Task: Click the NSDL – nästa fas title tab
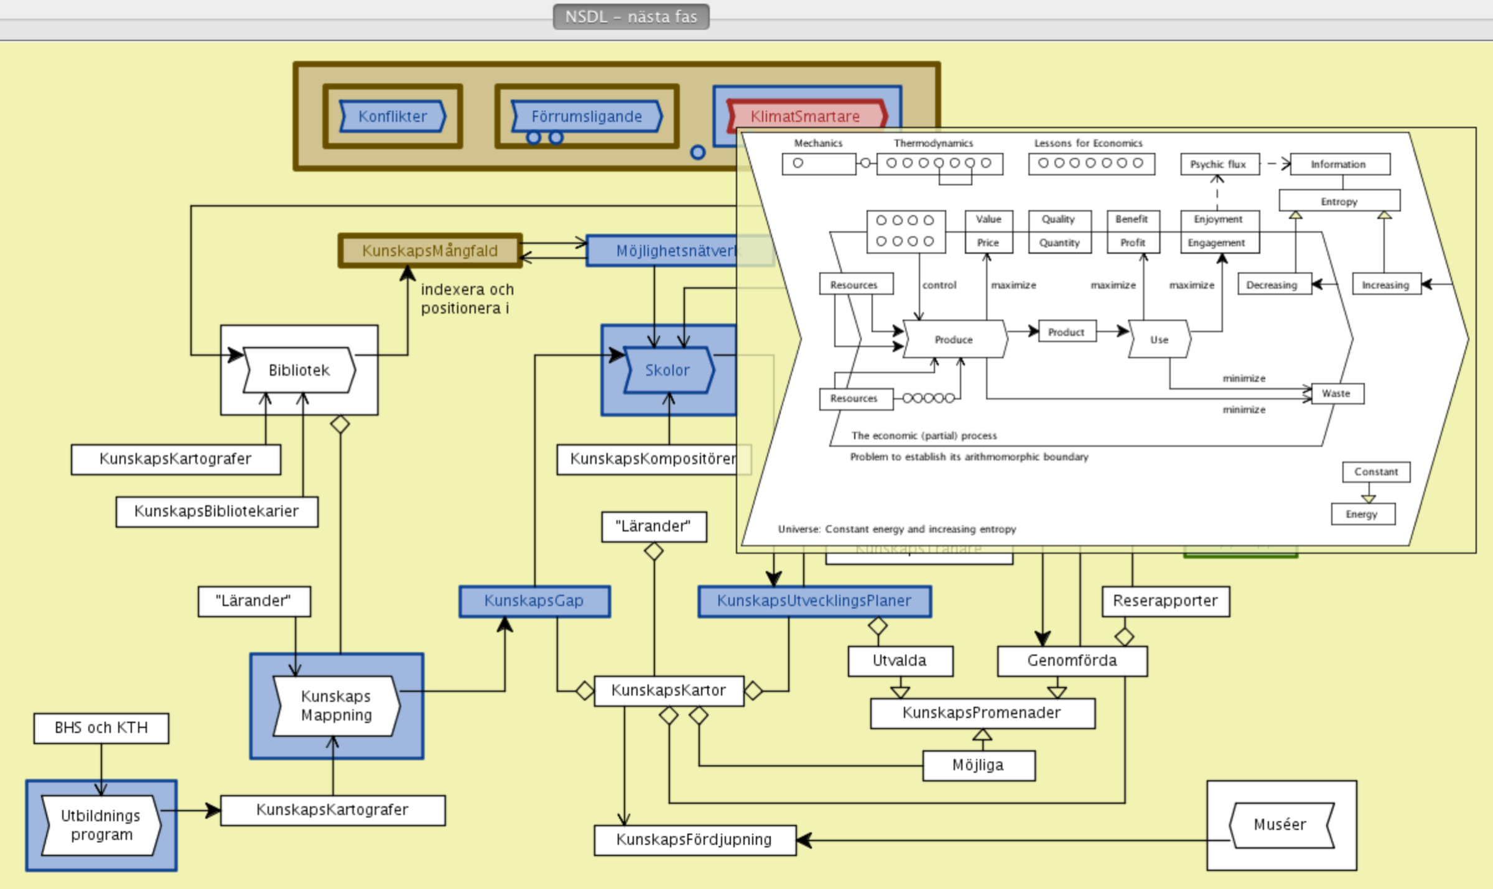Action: pos(631,17)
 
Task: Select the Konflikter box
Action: pos(393,116)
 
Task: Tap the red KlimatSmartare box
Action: pos(805,116)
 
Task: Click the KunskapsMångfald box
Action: pos(430,251)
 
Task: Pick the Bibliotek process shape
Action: pos(299,370)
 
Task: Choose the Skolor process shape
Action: pos(667,370)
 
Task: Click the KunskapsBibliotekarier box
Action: pos(216,512)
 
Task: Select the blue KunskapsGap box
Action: pos(534,601)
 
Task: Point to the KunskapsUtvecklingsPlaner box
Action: pos(814,601)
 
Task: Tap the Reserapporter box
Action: pos(1166,601)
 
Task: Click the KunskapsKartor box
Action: pos(669,691)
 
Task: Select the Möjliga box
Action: pos(979,765)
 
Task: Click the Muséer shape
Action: pos(1280,825)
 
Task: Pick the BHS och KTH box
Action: pos(101,728)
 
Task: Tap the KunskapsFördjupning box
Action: pos(694,840)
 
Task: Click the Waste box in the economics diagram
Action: pos(1337,394)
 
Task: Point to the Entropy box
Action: pos(1339,201)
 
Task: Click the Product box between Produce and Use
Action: pos(1066,332)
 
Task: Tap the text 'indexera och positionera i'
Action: pos(467,298)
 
